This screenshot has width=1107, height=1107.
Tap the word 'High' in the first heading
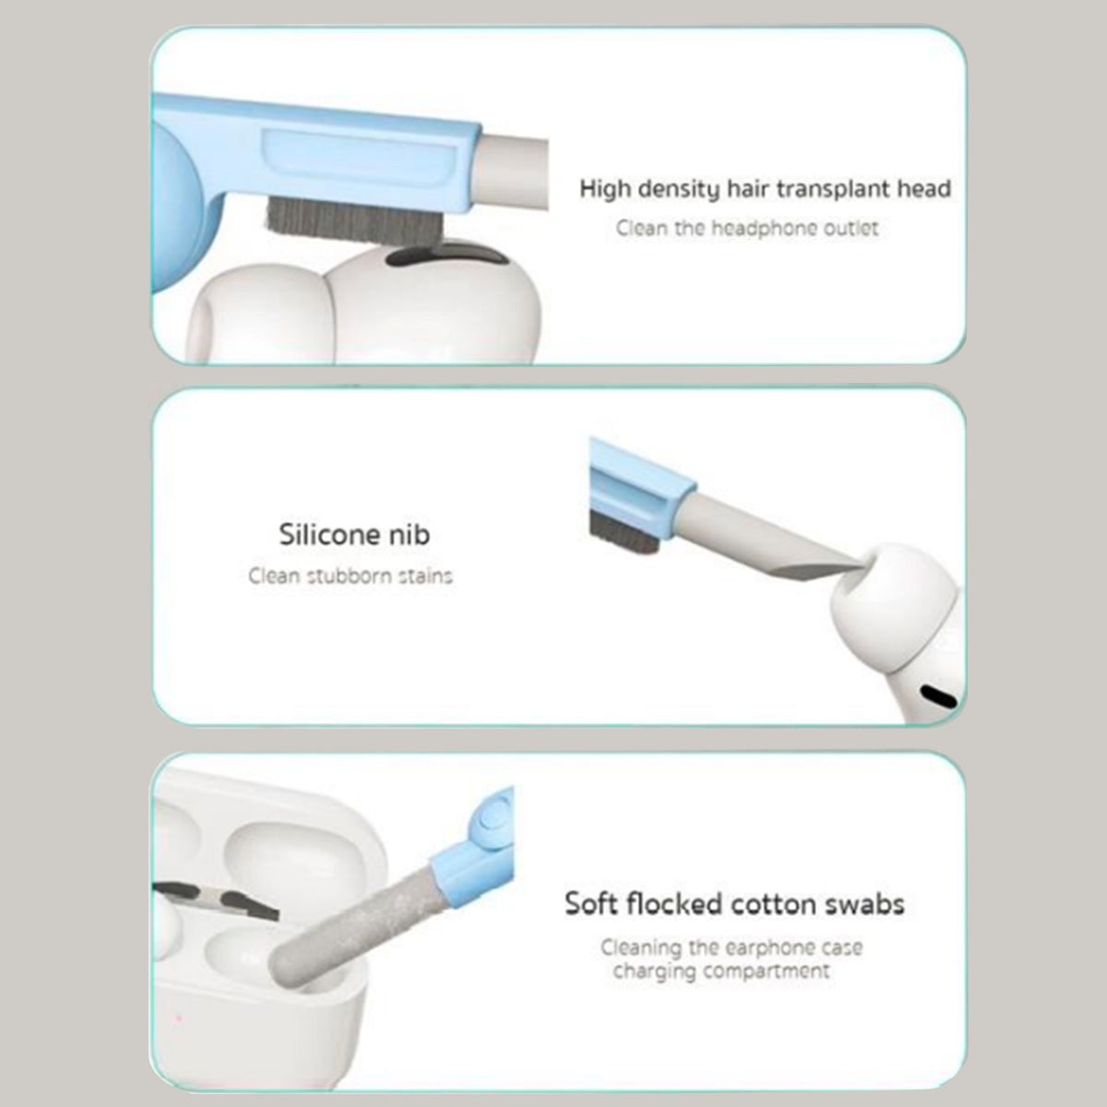604,190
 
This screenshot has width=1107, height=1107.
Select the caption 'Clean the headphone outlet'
747,228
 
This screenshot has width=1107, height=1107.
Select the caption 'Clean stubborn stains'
351,577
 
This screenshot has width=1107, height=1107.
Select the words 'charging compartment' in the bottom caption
720,971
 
